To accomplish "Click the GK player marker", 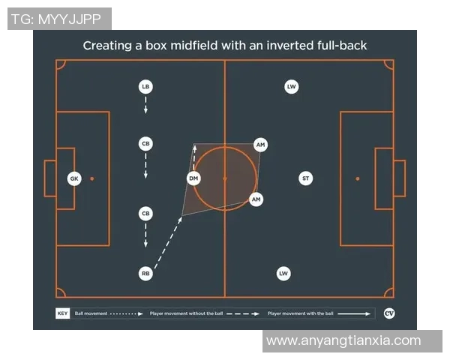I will tap(73, 178).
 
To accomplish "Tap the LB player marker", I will tap(145, 87).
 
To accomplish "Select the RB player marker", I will tap(145, 274).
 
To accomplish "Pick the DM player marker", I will tap(193, 178).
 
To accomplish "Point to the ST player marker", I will tap(305, 178).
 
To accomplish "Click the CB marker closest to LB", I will tap(145, 143).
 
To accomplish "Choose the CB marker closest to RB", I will tap(145, 214).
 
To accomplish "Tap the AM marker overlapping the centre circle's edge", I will tap(256, 199).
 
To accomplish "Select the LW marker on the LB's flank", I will tap(291, 87).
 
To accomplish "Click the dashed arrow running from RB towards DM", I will tap(169, 241).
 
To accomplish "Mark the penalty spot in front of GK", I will tap(92, 178).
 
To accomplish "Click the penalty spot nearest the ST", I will tap(358, 178).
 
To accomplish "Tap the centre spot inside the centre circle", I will tap(225, 178).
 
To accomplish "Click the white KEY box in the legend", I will tap(62, 313).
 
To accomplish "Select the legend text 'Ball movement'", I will tap(91, 313).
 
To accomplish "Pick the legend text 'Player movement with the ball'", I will tap(298, 313).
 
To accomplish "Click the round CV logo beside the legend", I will tap(388, 313).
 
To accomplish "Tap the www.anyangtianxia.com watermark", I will tap(343, 340).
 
